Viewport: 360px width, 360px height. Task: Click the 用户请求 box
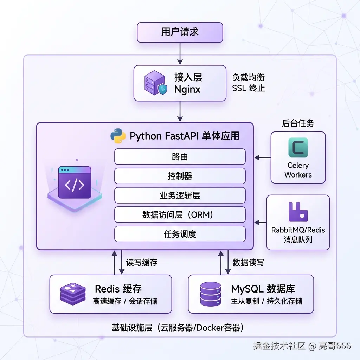(180, 32)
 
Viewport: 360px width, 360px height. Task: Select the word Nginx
(187, 89)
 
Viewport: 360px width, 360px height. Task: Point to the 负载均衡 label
(249, 77)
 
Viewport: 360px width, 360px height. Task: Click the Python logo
(118, 136)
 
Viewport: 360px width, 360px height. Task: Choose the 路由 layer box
(180, 156)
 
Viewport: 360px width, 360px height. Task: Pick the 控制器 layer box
(180, 176)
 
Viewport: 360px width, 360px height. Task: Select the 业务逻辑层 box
(180, 195)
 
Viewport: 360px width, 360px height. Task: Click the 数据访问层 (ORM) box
(180, 214)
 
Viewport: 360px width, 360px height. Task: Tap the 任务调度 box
(180, 234)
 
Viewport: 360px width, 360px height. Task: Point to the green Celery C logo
(298, 147)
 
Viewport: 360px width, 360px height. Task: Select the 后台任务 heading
(298, 123)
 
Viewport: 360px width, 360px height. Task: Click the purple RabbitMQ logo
(298, 212)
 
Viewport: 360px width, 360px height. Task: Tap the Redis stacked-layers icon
(73, 294)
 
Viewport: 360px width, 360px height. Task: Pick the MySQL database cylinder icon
(211, 294)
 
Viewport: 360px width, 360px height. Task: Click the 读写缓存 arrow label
(142, 262)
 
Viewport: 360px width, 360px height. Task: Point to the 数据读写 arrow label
(248, 262)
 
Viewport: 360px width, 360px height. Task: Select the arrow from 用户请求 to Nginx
(180, 54)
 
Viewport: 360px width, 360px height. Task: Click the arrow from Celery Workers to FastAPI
(263, 157)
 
